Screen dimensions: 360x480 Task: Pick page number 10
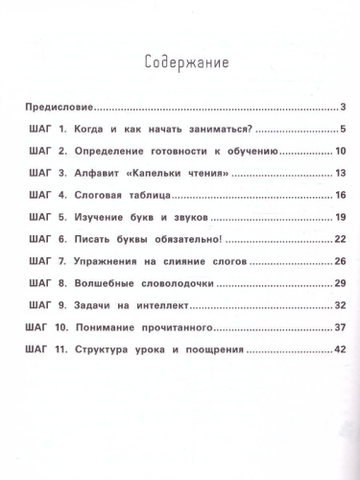(340, 152)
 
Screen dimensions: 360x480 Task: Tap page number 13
(340, 174)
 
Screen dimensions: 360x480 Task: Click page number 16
(340, 196)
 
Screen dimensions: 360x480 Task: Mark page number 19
(340, 218)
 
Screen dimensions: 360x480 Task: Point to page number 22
(340, 240)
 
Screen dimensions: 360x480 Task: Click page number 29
(340, 284)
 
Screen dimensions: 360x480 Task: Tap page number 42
(340, 350)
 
